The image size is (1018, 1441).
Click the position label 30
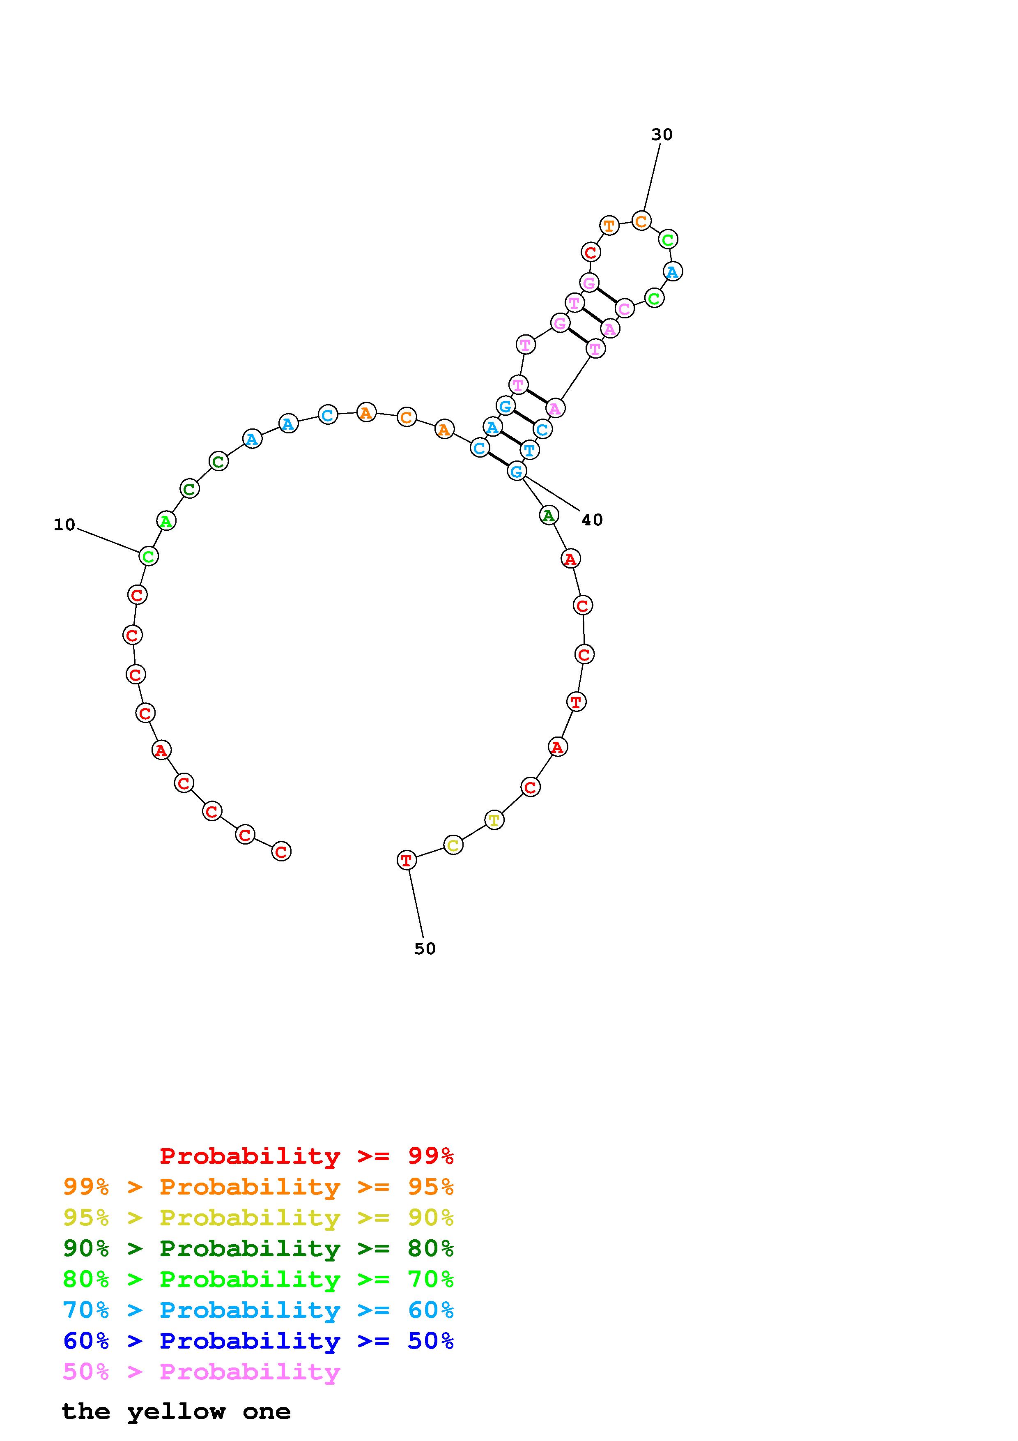661,134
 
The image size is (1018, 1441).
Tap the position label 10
64,525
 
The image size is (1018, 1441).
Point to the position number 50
425,948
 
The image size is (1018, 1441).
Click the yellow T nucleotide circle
494,819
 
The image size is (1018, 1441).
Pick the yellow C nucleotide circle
453,845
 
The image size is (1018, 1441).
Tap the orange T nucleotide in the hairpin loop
609,226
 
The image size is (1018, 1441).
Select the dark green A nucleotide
549,515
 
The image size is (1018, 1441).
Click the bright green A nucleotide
166,520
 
